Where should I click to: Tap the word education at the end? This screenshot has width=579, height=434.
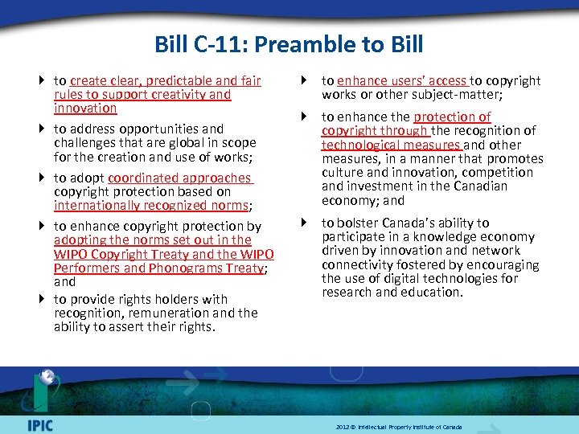434,292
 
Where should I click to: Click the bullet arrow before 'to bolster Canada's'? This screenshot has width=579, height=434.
306,223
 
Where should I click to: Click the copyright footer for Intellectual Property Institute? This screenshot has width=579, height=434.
399,427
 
